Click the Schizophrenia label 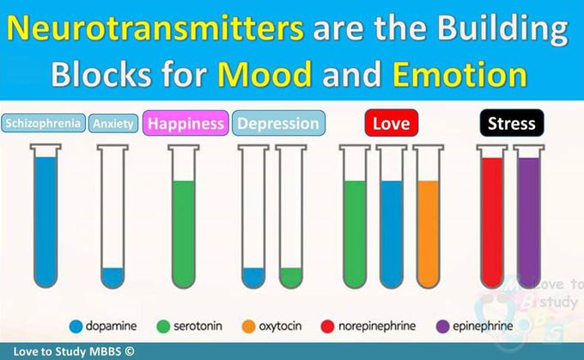43,124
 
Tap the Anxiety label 113,124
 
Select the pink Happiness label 186,123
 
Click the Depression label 278,123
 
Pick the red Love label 392,123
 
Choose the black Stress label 512,123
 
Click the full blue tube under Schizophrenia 46,217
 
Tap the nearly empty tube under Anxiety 113,217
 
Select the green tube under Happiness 183,217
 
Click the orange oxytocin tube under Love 429,217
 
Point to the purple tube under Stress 529,217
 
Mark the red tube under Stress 492,217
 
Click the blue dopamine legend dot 76,326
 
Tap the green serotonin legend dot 163,326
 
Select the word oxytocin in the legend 280,326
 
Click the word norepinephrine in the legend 377,326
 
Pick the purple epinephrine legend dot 443,326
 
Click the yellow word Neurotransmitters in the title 155,28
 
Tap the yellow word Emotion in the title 460,74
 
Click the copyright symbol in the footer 129,351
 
